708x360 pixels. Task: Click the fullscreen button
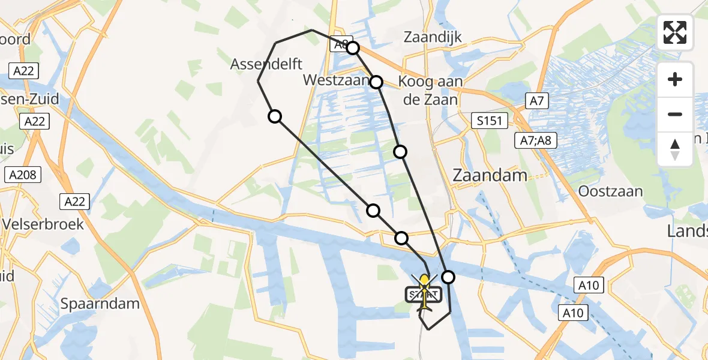(x=675, y=32)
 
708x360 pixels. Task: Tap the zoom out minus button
(x=675, y=114)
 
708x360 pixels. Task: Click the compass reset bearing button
(x=675, y=149)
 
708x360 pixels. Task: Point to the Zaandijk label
(x=433, y=37)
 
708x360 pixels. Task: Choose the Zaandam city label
(x=490, y=176)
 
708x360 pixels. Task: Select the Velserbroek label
(x=43, y=224)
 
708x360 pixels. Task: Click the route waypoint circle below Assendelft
(x=275, y=116)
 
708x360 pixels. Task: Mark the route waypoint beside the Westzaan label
(x=376, y=82)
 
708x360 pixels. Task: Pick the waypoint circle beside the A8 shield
(x=353, y=48)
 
